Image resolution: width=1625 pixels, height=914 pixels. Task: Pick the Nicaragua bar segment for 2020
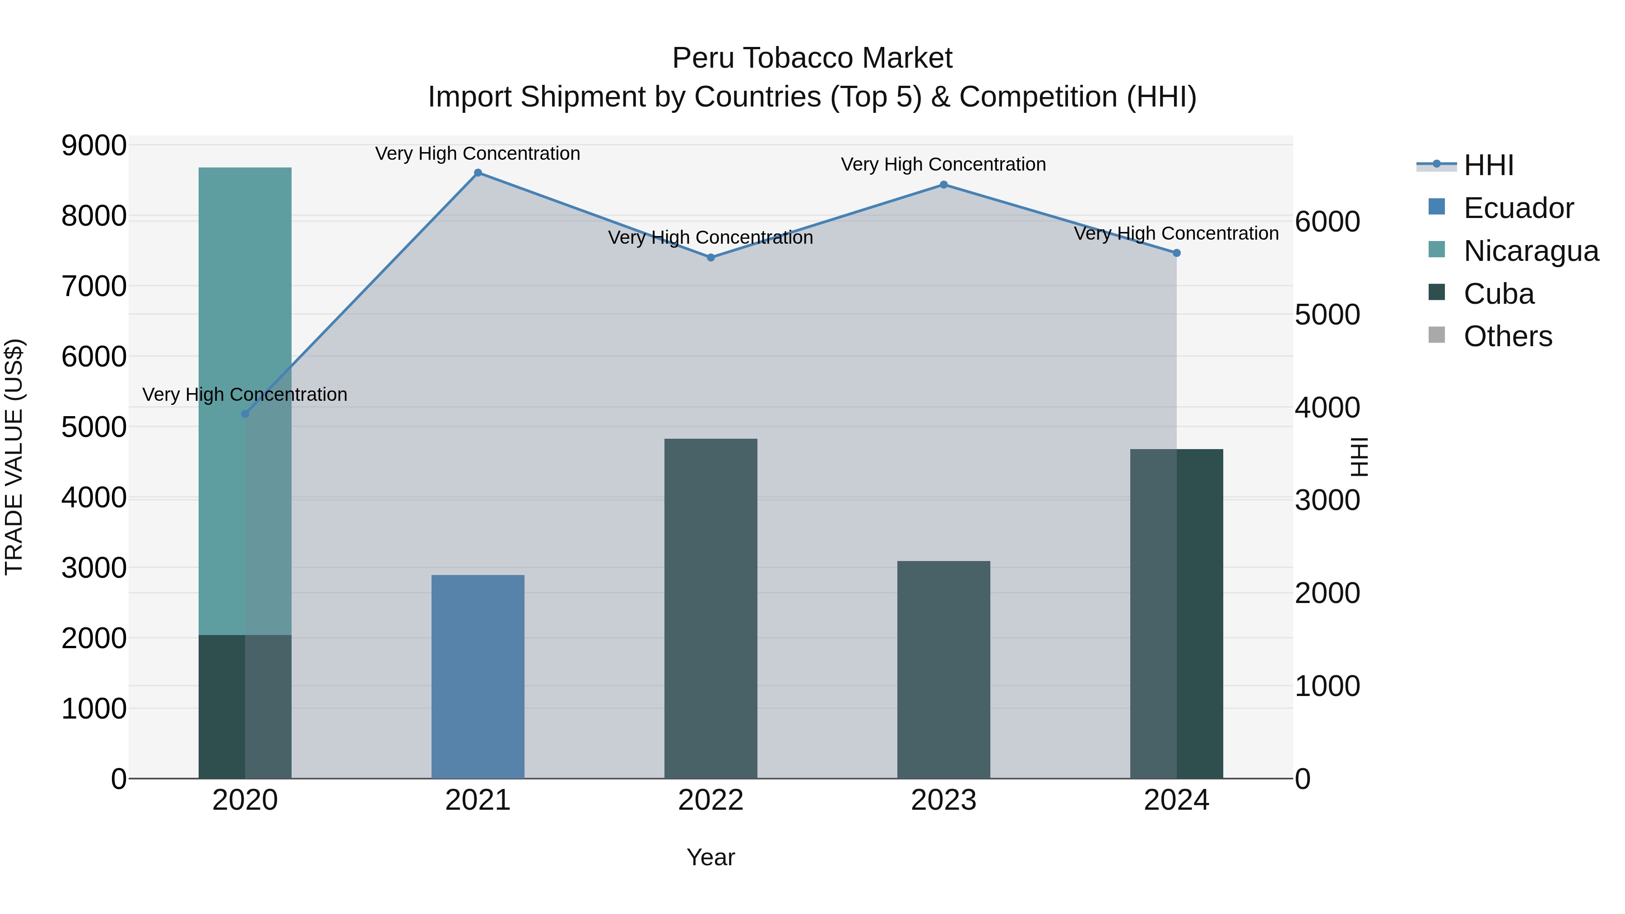tap(245, 401)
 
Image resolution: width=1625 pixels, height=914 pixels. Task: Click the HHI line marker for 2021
tap(478, 173)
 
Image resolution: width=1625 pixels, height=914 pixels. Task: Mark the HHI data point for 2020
tap(246, 414)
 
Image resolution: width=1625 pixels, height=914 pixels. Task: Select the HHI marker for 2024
tap(1176, 253)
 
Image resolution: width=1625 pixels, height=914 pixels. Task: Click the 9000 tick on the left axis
tap(94, 146)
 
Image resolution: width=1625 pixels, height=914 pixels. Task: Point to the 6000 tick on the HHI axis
tap(1327, 222)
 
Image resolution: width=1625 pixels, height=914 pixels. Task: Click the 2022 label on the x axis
tap(710, 800)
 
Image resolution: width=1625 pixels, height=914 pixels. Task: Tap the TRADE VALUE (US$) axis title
tap(14, 457)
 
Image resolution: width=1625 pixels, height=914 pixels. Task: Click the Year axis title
tap(710, 857)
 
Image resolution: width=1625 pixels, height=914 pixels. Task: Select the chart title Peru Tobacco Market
tap(812, 58)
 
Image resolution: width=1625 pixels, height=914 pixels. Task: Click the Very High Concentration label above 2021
tap(478, 153)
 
